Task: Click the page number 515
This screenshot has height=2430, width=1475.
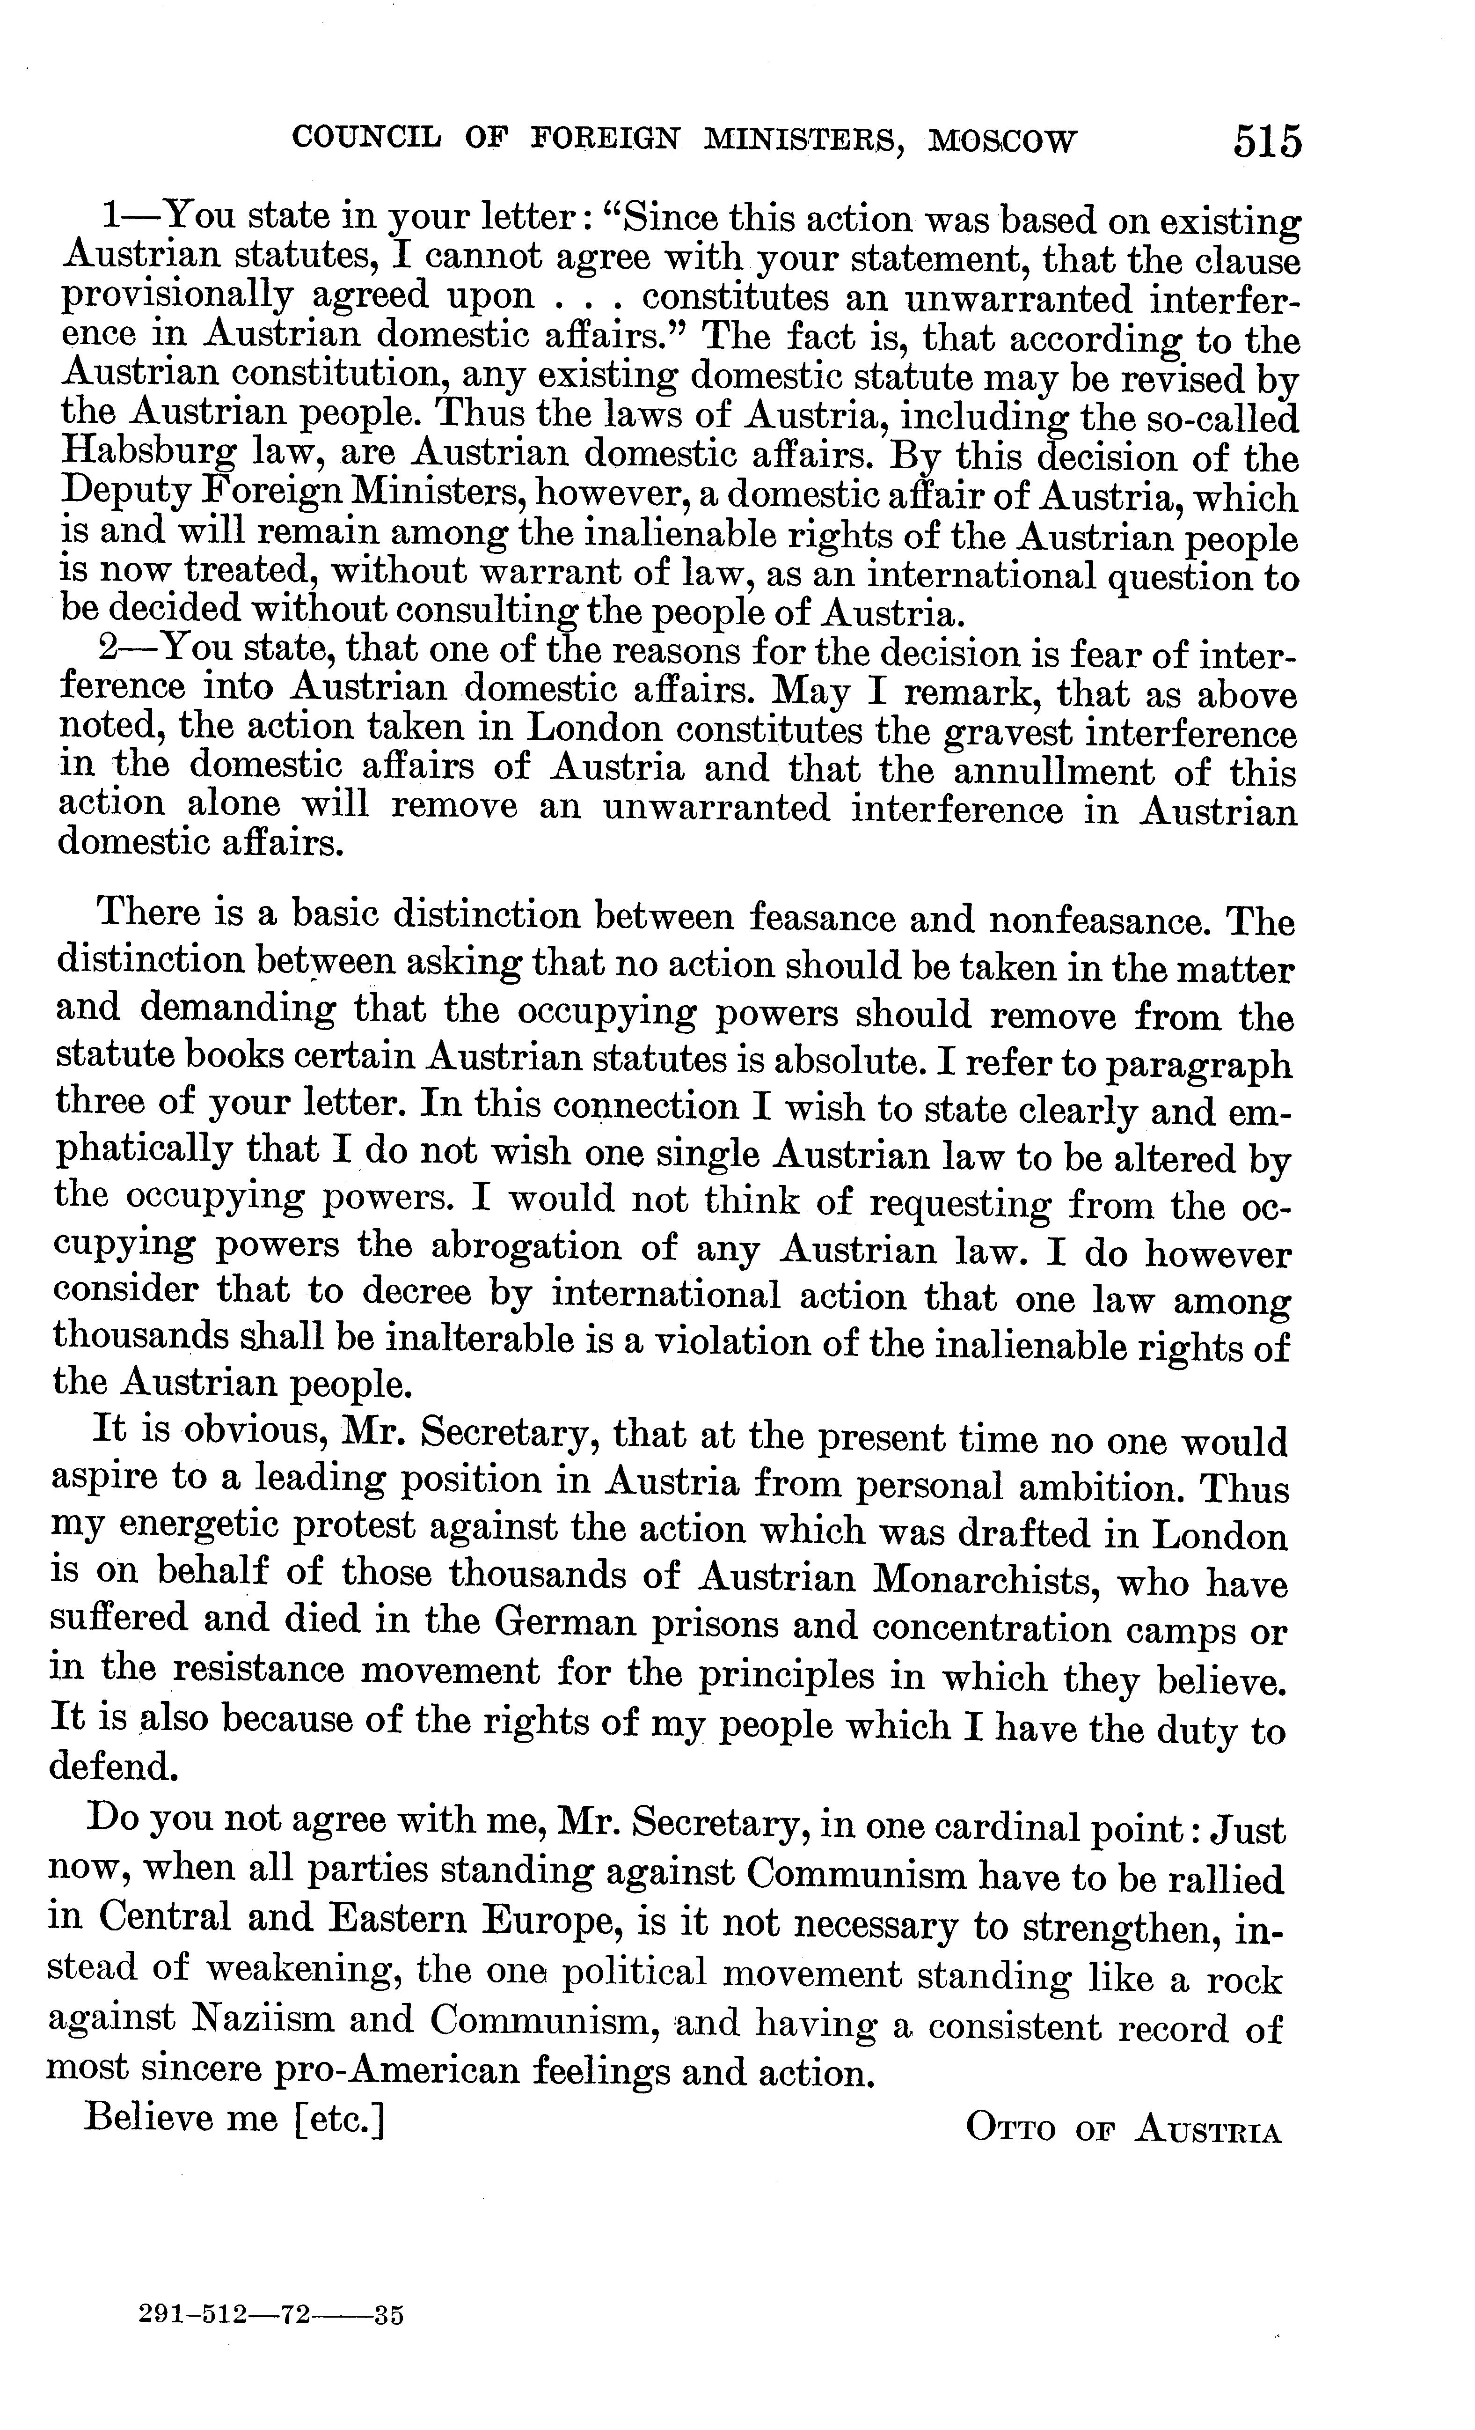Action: [1266, 141]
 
